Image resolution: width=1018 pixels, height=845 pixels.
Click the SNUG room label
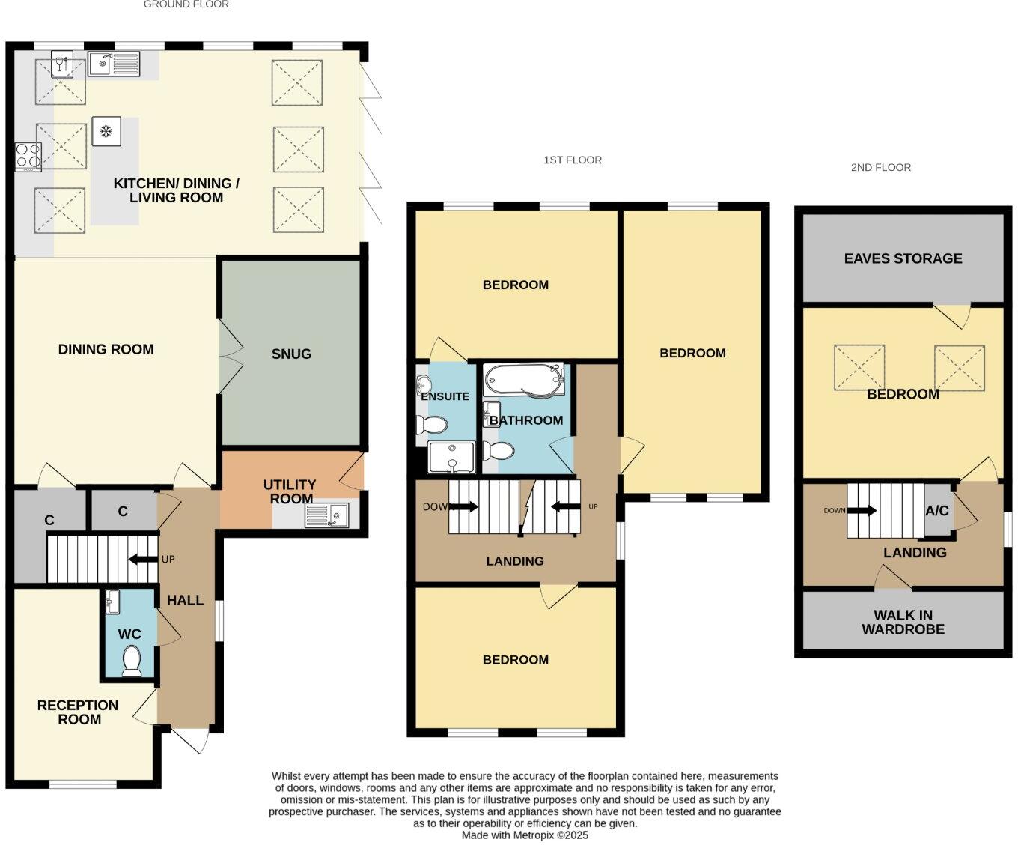click(x=291, y=354)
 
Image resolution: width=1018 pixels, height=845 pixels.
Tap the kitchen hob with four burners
click(x=28, y=157)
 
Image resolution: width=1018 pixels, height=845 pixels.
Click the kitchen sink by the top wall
click(x=113, y=64)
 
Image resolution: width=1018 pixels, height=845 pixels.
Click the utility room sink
click(x=327, y=515)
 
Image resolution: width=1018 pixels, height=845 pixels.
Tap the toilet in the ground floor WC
click(x=132, y=661)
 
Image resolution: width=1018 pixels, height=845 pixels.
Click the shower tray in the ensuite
click(x=451, y=457)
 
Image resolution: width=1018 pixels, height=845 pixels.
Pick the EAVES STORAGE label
click(x=903, y=258)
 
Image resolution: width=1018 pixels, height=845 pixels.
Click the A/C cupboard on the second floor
click(x=937, y=511)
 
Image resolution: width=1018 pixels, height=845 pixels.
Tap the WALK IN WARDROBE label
click(x=903, y=622)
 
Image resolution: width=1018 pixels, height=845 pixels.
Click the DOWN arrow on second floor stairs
click(x=861, y=511)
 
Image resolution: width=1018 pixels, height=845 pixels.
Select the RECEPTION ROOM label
click(x=78, y=712)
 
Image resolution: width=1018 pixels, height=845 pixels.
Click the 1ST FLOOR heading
click(x=573, y=160)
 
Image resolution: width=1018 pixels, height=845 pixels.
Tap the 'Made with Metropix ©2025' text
click(x=525, y=835)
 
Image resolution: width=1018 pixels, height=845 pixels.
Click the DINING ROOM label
click(x=106, y=349)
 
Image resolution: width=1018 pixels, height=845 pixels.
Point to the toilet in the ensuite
click(x=434, y=425)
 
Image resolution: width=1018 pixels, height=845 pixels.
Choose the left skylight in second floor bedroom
click(x=859, y=367)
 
